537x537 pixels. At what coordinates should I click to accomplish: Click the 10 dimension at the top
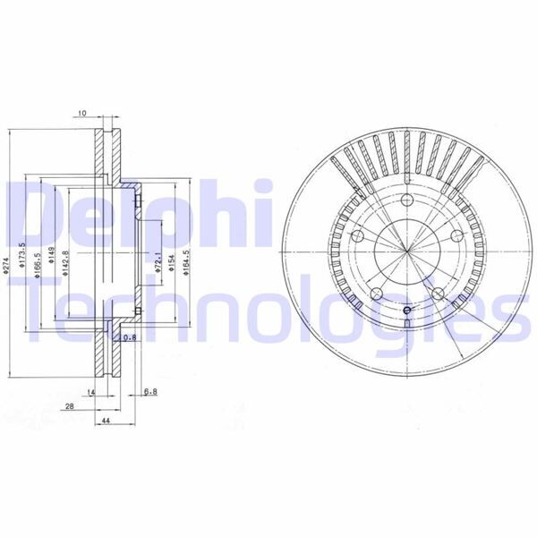click(x=81, y=115)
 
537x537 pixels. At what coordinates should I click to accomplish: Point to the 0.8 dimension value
click(x=129, y=337)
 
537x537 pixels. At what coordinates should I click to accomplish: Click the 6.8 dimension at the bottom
click(x=150, y=391)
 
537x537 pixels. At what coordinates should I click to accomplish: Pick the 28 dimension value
click(x=69, y=405)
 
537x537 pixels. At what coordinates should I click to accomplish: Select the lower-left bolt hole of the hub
click(x=376, y=293)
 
